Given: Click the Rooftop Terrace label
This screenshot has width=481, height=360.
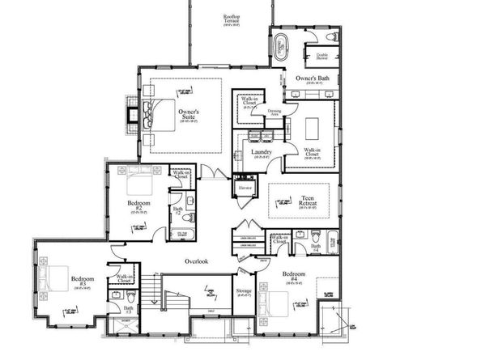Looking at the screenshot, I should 234,18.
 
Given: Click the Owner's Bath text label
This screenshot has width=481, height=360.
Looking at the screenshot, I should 312,78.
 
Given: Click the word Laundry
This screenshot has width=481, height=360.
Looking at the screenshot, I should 261,151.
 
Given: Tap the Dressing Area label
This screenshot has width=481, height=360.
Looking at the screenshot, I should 275,112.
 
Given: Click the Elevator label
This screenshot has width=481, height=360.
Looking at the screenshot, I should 245,188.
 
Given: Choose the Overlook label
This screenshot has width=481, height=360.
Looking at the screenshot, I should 197,260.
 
